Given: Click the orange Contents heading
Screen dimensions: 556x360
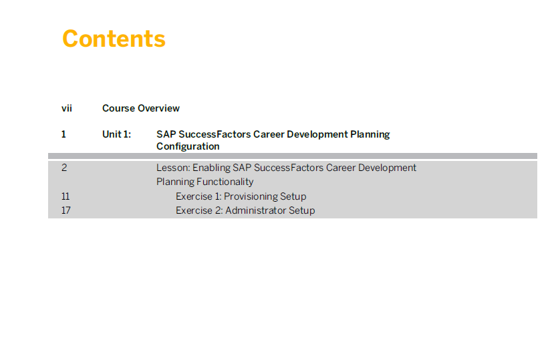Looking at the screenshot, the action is pyautogui.click(x=114, y=39).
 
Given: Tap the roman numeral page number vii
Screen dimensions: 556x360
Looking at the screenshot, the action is pyautogui.click(x=67, y=108).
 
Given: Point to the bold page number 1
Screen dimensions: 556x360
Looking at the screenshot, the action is pyautogui.click(x=63, y=134).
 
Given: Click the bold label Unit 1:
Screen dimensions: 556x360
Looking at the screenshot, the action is pyautogui.click(x=117, y=134).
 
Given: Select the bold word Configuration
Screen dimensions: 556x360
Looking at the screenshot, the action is pyautogui.click(x=188, y=146).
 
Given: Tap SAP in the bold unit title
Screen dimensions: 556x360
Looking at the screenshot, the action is pyautogui.click(x=166, y=134).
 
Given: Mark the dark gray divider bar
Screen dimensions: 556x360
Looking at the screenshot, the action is pyautogui.click(x=293, y=156).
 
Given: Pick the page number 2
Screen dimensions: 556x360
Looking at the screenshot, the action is pyautogui.click(x=64, y=168).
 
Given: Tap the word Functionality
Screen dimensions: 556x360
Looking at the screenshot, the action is pyautogui.click(x=225, y=182).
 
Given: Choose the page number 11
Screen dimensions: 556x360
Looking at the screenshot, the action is pyautogui.click(x=65, y=196).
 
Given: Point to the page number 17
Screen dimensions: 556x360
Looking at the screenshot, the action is pyautogui.click(x=66, y=210).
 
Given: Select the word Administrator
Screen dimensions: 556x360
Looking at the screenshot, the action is pyautogui.click(x=256, y=210).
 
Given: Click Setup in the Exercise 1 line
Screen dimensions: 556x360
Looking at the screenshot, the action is pyautogui.click(x=293, y=196).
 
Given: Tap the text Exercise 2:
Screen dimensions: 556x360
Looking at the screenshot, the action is pyautogui.click(x=199, y=210).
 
